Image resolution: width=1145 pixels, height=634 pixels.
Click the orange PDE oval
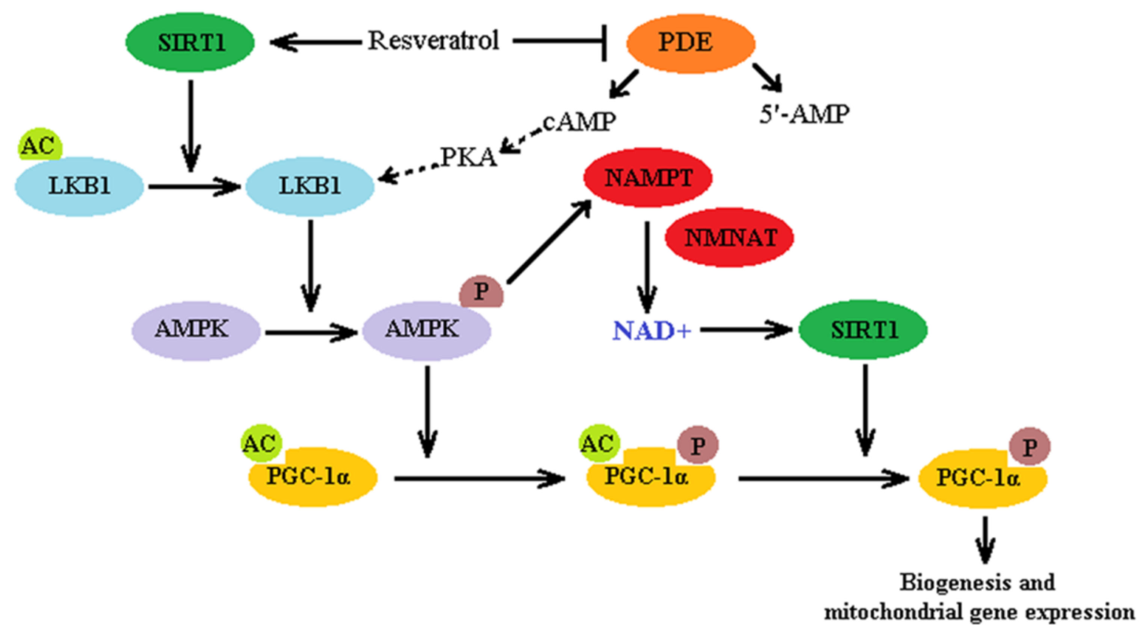coord(691,43)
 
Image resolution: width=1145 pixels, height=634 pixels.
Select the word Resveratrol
coord(434,41)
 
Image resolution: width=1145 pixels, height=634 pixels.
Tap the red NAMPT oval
coord(648,178)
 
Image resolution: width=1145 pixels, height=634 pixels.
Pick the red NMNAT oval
coord(730,238)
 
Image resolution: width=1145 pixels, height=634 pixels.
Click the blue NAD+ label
coord(652,331)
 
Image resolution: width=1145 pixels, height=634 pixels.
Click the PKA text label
coord(468,157)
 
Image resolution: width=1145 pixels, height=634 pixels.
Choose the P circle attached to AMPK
coord(481,291)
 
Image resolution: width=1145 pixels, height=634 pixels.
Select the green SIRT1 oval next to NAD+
coord(863,330)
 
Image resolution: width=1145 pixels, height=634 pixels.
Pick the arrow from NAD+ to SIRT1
coord(746,330)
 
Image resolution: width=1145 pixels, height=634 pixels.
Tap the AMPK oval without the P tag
coord(196,331)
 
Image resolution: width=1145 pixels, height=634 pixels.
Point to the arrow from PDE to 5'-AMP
coord(767,78)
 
